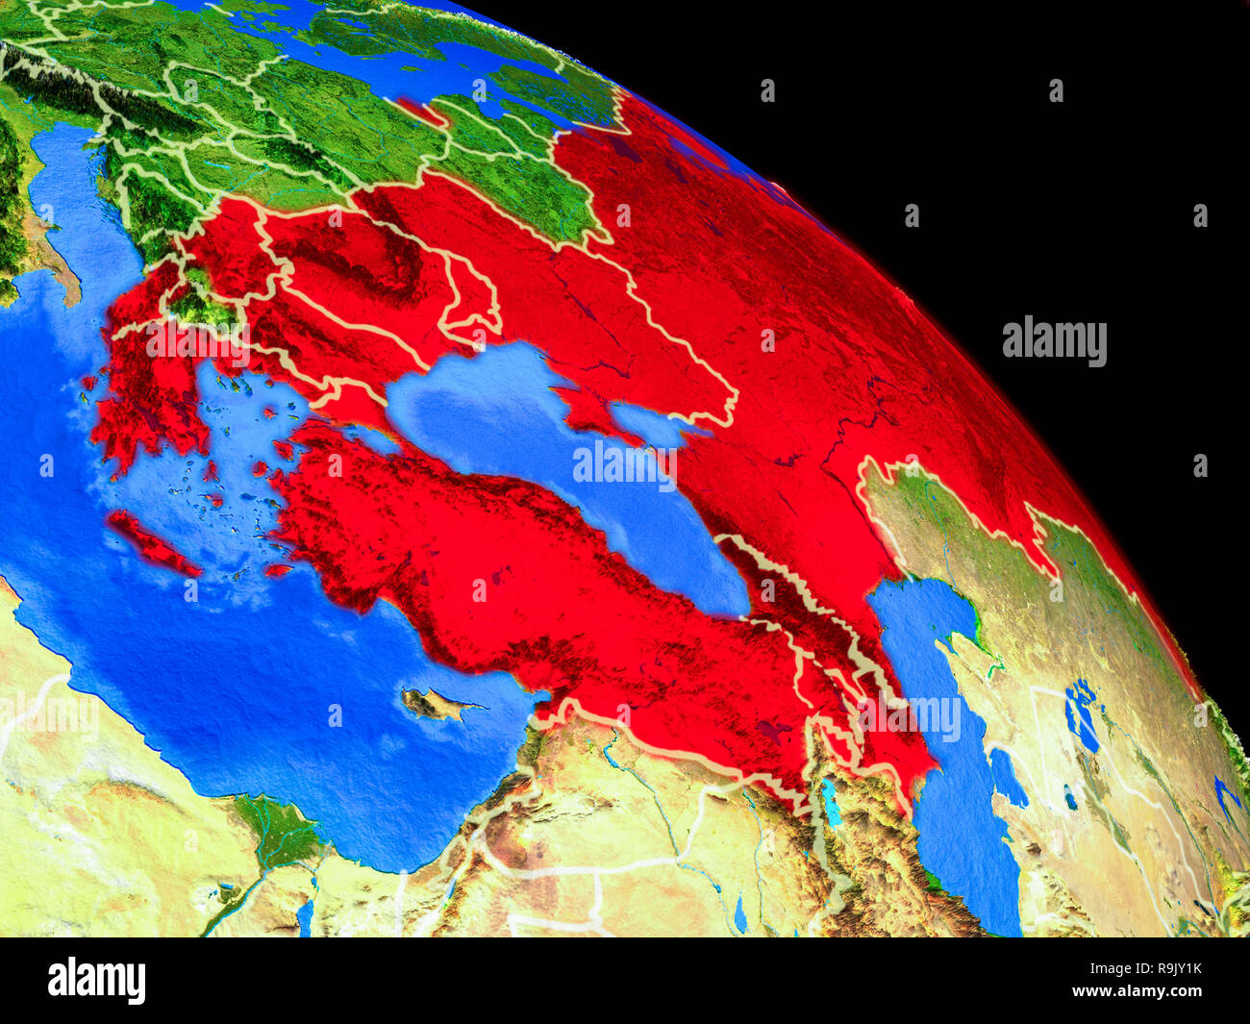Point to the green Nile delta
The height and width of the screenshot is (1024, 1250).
(280, 827)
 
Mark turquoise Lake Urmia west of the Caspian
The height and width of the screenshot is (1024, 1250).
(829, 801)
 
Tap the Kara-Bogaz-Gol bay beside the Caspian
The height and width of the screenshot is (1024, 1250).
(1007, 777)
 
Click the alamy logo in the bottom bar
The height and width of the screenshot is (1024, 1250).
(97, 981)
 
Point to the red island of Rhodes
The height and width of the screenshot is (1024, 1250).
(278, 569)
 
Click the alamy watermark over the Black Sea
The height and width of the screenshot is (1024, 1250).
(625, 464)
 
